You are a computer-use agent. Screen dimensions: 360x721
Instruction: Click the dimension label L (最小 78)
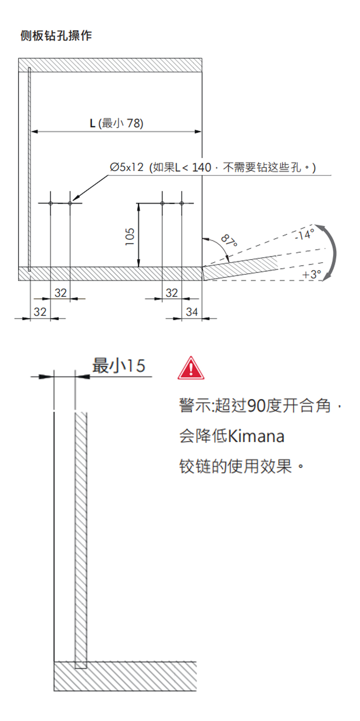[117, 123]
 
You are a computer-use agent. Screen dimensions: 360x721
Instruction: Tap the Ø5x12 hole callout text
[127, 167]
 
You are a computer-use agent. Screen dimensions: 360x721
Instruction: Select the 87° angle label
[229, 241]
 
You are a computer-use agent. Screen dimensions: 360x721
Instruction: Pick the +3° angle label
[311, 274]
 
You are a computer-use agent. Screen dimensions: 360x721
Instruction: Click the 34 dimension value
[192, 312]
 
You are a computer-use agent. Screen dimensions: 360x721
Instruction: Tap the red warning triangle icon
[191, 368]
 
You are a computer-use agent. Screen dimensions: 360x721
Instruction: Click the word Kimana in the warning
[256, 436]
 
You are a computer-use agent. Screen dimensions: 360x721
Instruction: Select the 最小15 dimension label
[118, 366]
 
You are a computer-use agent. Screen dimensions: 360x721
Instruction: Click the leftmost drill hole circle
[51, 203]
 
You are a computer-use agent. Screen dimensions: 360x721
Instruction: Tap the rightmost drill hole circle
[182, 203]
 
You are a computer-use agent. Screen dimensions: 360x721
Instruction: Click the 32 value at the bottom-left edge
[40, 312]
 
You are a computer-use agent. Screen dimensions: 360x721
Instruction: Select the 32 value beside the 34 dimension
[172, 293]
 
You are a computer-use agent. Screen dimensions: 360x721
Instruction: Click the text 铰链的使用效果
[236, 466]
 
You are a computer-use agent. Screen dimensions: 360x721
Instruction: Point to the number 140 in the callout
[202, 167]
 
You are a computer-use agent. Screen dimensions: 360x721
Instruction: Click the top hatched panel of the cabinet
[110, 65]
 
